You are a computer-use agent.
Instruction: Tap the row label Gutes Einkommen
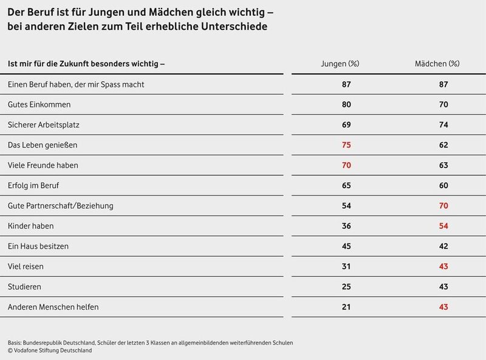[x=39, y=104]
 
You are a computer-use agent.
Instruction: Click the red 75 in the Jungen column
[x=347, y=145]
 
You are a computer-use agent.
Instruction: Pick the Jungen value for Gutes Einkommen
[x=347, y=104]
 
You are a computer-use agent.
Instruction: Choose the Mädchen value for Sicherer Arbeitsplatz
[x=443, y=125]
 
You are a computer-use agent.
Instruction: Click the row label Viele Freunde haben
[x=43, y=165]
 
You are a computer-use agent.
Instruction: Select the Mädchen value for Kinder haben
[x=443, y=226]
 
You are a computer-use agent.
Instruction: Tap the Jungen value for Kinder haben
[x=347, y=226]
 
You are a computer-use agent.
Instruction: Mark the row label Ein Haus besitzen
[x=38, y=246]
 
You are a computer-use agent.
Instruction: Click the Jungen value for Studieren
[x=347, y=287]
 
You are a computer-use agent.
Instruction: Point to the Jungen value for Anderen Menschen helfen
[x=347, y=307]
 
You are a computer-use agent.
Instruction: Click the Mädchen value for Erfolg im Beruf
[x=443, y=186]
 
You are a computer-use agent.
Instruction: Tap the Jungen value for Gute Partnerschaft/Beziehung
[x=347, y=206]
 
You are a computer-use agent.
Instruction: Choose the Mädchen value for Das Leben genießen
[x=443, y=145]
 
